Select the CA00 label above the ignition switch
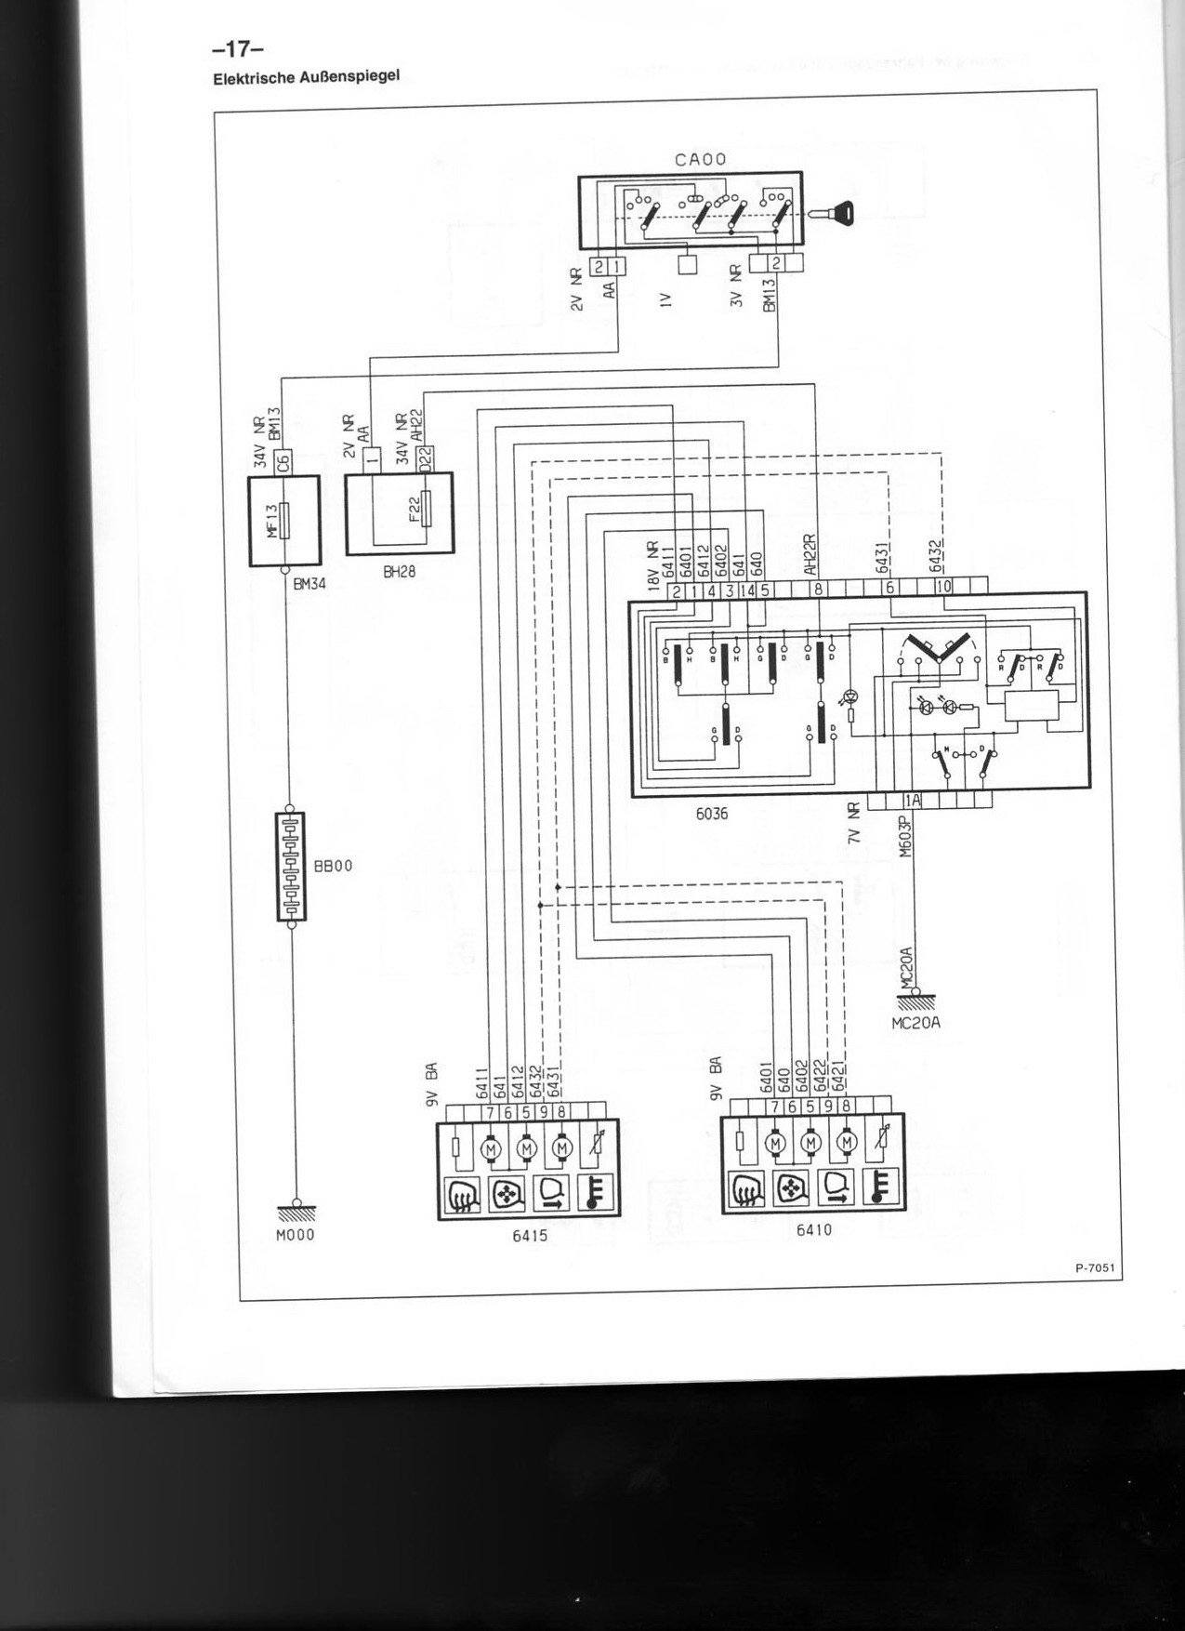tap(700, 160)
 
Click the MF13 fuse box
tap(284, 520)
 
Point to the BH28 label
tap(399, 573)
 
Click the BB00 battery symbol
tap(291, 866)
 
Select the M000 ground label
tap(295, 1235)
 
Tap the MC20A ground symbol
tap(916, 1001)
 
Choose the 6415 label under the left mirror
tap(529, 1236)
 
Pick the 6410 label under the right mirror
tap(813, 1229)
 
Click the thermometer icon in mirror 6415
tap(596, 1193)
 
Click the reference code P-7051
tap(1095, 1266)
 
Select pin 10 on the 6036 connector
tap(943, 588)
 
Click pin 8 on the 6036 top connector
tap(818, 589)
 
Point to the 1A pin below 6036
tap(913, 800)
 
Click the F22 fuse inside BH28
tap(427, 511)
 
